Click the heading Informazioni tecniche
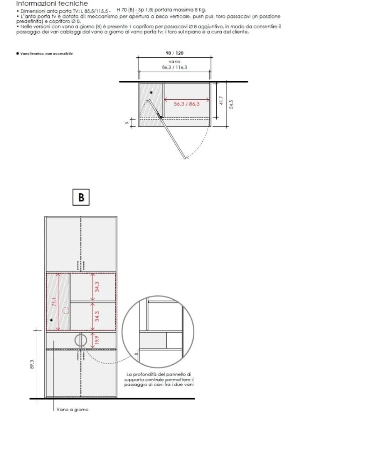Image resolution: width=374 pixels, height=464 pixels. pyautogui.click(x=52, y=3)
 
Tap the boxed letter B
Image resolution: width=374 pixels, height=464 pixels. pyautogui.click(x=81, y=197)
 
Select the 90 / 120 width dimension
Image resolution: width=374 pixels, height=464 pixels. pyautogui.click(x=175, y=53)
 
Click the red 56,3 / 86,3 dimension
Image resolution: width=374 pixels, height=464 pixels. pyautogui.click(x=187, y=104)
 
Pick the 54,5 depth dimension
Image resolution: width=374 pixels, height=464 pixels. pyautogui.click(x=231, y=104)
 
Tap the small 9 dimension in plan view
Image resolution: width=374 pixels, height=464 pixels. pyautogui.click(x=127, y=123)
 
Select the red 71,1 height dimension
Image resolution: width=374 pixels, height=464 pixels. pyautogui.click(x=54, y=302)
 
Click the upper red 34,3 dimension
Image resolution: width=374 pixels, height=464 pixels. pyautogui.click(x=97, y=287)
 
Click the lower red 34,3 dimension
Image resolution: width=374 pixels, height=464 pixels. pyautogui.click(x=97, y=316)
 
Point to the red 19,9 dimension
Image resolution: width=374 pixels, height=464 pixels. pyautogui.click(x=97, y=340)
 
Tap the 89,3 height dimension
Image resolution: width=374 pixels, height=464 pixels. pyautogui.click(x=32, y=364)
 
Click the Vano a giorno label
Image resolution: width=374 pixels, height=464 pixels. pyautogui.click(x=72, y=409)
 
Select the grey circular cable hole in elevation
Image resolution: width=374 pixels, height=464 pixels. pyautogui.click(x=81, y=340)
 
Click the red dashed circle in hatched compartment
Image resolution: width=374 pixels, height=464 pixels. pyautogui.click(x=66, y=311)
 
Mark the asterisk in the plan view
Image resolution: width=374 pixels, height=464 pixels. pyautogui.click(x=151, y=92)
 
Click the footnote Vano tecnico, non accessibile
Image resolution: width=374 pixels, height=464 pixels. pyautogui.click(x=44, y=54)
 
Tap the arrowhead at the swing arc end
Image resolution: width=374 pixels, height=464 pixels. pyautogui.click(x=187, y=157)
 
